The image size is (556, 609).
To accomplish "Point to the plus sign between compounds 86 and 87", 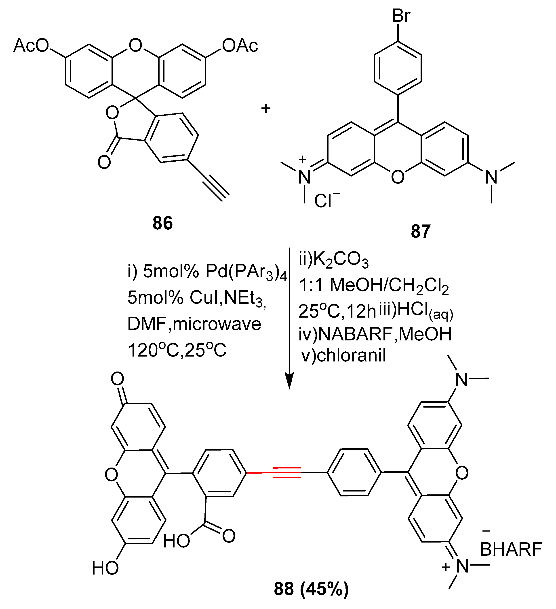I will [x=266, y=108].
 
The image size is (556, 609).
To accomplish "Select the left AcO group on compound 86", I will [x=31, y=46].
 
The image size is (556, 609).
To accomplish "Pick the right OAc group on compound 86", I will [x=240, y=46].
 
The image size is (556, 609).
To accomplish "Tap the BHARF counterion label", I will [x=511, y=549].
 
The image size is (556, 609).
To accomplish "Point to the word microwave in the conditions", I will [x=217, y=324].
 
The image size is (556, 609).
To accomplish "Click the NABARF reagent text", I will [x=355, y=334].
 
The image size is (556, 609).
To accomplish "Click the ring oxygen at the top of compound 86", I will [x=135, y=45].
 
